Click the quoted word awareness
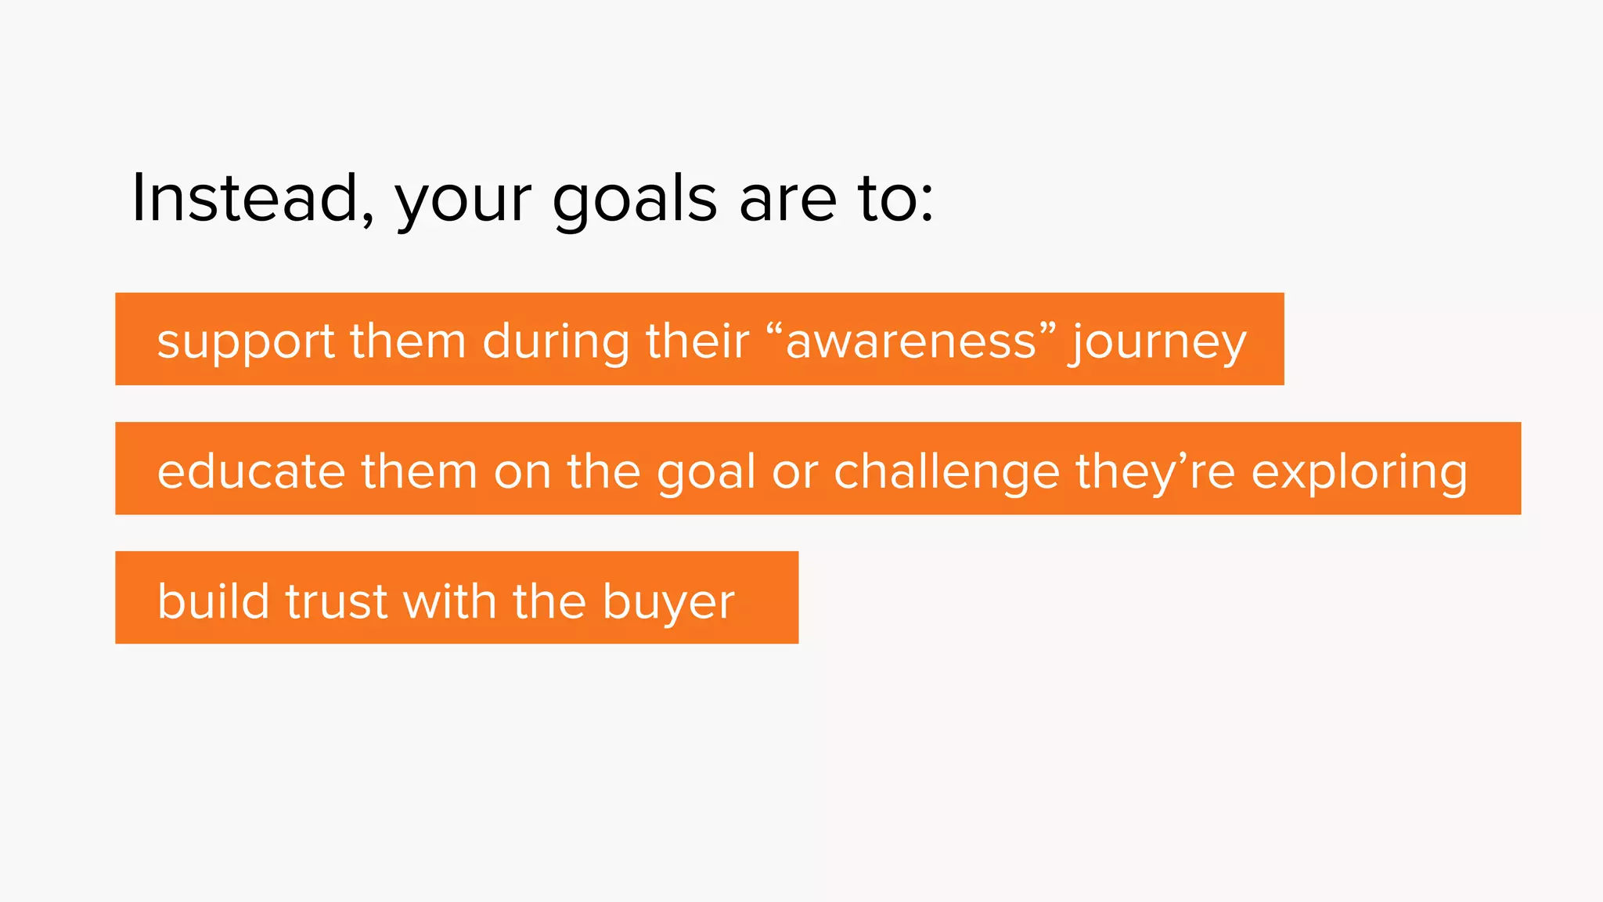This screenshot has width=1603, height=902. click(911, 341)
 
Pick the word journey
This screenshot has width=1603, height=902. click(1159, 343)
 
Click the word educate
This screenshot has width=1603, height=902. click(251, 471)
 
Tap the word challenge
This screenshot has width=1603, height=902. click(947, 471)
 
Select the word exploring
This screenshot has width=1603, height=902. click(1360, 471)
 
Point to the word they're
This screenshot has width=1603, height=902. click(1155, 471)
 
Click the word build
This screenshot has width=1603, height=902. click(213, 601)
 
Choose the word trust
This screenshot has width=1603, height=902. click(336, 601)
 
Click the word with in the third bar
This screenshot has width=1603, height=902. click(449, 601)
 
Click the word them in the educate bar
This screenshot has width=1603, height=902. click(419, 471)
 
